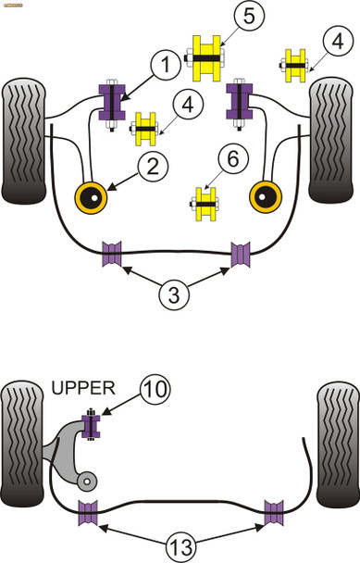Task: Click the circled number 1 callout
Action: pyautogui.click(x=164, y=67)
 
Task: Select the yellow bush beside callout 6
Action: pyautogui.click(x=205, y=206)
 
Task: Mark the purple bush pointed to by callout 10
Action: pyautogui.click(x=92, y=427)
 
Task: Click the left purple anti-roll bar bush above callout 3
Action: pyautogui.click(x=115, y=252)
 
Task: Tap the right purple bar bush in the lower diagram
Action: pyautogui.click(x=275, y=511)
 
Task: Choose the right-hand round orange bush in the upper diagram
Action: pyautogui.click(x=267, y=197)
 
